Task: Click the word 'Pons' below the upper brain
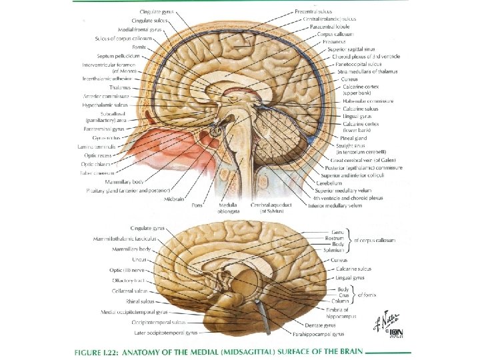tap(197, 206)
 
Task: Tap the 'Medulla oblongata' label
tap(227, 209)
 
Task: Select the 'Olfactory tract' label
tap(125, 281)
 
